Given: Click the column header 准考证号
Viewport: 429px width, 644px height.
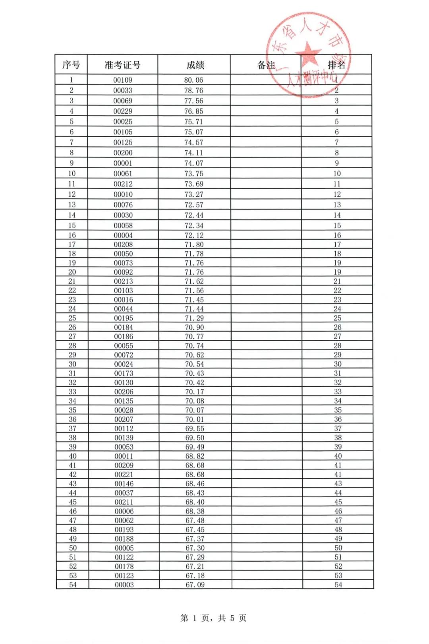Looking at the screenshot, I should tap(122, 65).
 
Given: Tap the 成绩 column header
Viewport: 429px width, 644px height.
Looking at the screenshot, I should tap(195, 65).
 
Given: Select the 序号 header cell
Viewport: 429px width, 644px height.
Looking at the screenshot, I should tap(71, 65).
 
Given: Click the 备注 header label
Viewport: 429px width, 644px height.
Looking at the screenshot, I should tap(266, 65).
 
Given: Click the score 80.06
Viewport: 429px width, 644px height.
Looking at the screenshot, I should tap(193, 80).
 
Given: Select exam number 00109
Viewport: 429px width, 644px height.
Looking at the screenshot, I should tap(123, 80).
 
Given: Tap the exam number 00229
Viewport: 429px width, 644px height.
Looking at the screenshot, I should tap(123, 111).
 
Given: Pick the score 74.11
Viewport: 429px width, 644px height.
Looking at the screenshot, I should tap(193, 153).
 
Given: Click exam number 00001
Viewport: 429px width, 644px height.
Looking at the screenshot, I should tap(123, 163).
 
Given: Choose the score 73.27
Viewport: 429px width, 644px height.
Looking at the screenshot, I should tap(194, 194).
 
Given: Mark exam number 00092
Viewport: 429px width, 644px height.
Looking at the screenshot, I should tap(123, 272).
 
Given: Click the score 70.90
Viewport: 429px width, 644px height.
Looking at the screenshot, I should tap(194, 328).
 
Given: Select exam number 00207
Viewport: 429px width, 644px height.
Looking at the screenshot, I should tap(124, 419).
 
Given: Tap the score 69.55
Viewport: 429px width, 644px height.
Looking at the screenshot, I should tap(195, 429).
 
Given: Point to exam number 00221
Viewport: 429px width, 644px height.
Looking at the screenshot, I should tap(124, 475).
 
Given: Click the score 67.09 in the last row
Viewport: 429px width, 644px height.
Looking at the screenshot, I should tap(195, 585).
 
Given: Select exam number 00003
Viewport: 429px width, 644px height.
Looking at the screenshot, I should tap(124, 585).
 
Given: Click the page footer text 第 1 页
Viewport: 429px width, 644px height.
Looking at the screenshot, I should tap(195, 618).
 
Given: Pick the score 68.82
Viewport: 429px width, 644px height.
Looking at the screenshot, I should tap(195, 456).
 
